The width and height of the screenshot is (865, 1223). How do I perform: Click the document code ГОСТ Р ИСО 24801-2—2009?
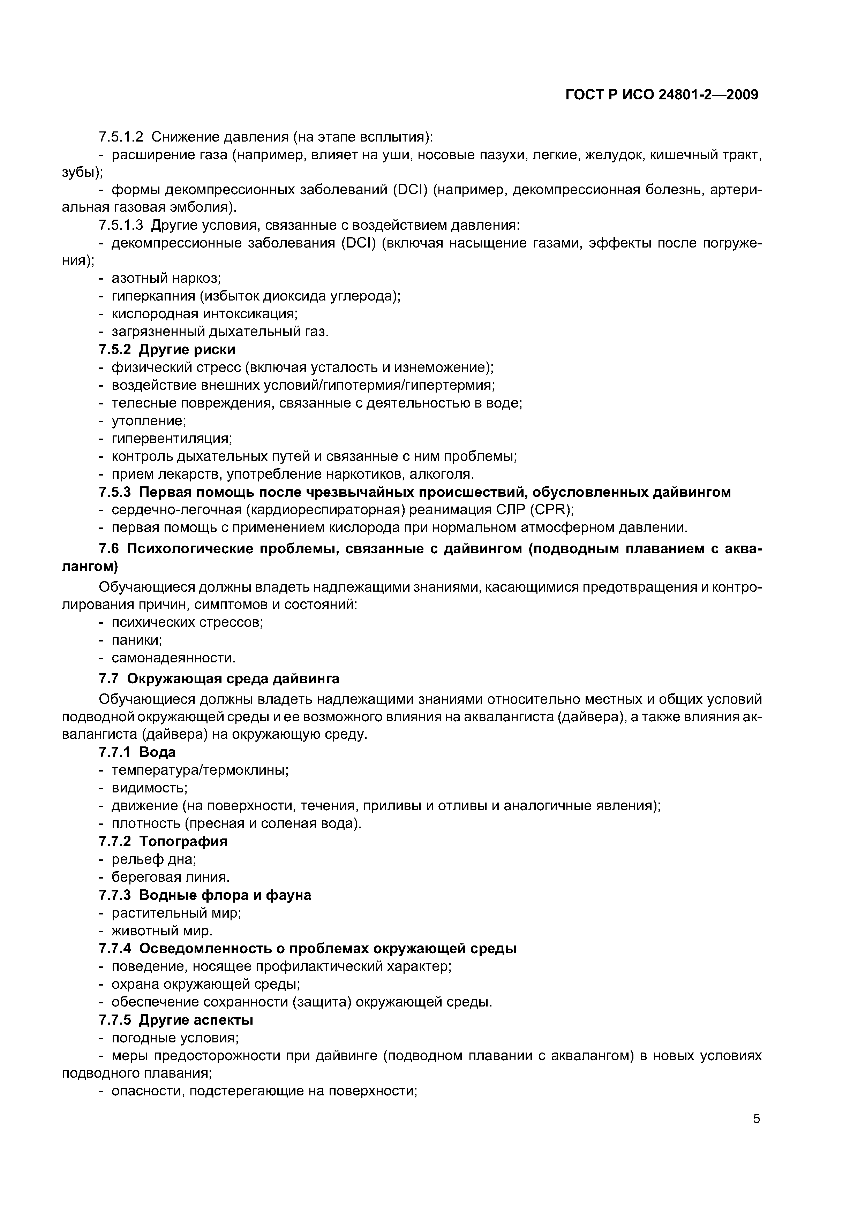point(661,95)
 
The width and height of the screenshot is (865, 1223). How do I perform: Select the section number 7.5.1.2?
point(121,137)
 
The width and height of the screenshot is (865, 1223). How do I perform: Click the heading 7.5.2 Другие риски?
point(167,349)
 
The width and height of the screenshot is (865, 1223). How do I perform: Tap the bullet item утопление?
point(148,421)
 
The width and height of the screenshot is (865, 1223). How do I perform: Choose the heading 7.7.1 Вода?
point(137,752)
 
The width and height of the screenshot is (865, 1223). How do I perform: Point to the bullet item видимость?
point(149,787)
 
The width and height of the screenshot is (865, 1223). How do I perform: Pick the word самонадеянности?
point(173,658)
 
